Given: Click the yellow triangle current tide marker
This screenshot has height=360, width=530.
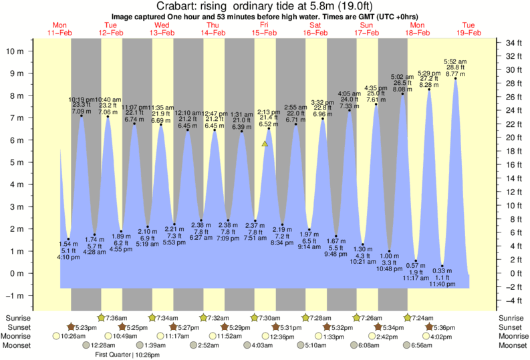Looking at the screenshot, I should pos(265,143).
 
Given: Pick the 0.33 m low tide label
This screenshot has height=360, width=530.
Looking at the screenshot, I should pos(442,270).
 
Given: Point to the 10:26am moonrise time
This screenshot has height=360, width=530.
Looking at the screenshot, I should pos(73,336).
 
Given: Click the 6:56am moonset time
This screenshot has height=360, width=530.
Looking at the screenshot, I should pos(422,345).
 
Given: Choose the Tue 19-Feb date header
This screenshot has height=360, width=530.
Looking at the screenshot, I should pos(469,28).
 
